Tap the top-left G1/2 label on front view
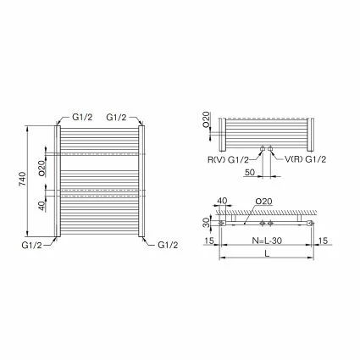click(x=82, y=117)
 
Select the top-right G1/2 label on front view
click(x=118, y=117)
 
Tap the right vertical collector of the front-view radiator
click(x=141, y=182)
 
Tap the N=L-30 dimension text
click(x=267, y=240)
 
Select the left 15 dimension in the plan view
click(x=208, y=240)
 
